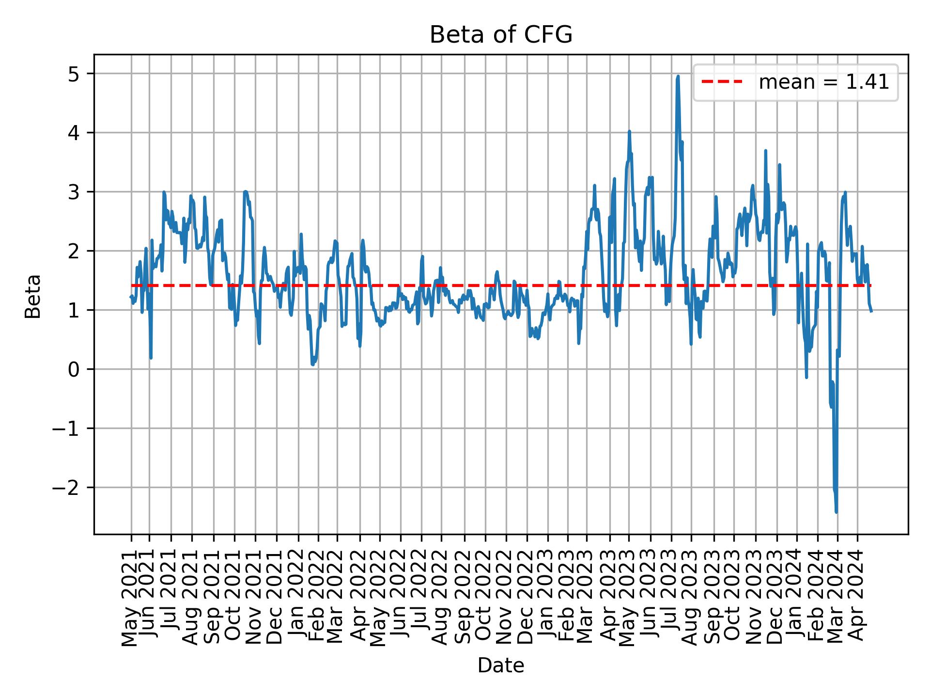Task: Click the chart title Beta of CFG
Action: coord(501,35)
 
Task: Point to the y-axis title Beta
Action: coord(33,296)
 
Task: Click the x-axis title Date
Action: coord(501,666)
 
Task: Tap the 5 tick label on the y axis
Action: coord(74,74)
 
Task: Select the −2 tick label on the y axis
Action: coord(67,487)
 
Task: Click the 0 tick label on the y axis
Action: coord(74,369)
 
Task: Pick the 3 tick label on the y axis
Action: coord(74,192)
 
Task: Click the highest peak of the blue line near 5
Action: coord(678,77)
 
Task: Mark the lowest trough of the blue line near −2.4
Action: coord(836,511)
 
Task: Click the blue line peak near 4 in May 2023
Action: coord(629,131)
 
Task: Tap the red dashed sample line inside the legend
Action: coord(722,82)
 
